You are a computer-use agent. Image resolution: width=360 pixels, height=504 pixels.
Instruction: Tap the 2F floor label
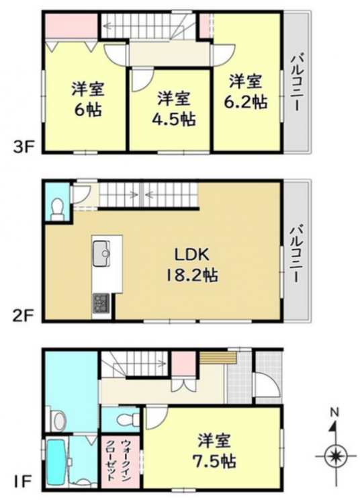[22, 316]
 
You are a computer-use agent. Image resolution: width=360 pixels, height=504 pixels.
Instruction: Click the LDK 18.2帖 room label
[191, 265]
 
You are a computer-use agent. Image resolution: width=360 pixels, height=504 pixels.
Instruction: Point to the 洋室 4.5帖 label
[174, 109]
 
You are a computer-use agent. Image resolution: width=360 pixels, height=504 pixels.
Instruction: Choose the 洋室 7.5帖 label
[214, 451]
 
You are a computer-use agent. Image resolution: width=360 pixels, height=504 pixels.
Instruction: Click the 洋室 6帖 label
[88, 99]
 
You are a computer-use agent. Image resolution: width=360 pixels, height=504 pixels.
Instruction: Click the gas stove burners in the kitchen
[101, 303]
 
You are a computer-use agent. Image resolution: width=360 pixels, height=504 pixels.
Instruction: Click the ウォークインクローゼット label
[120, 461]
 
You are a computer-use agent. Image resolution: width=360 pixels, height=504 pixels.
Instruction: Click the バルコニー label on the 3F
[296, 83]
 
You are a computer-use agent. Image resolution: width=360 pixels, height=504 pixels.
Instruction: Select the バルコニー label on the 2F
[296, 254]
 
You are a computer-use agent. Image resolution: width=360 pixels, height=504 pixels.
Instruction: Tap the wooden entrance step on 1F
[218, 357]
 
